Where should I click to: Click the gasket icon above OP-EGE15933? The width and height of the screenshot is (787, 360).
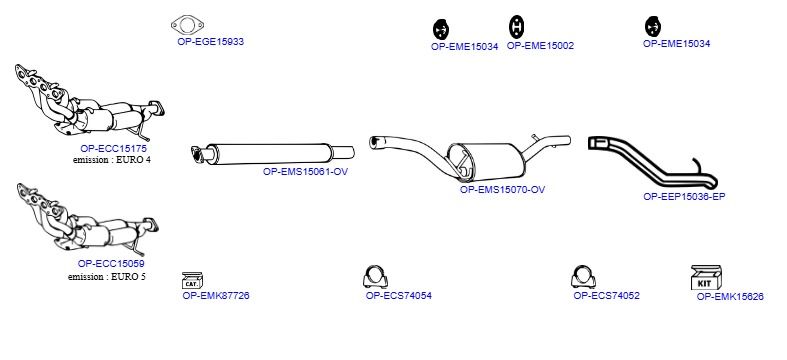coord(187,25)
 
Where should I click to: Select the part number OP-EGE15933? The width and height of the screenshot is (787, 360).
coord(210,42)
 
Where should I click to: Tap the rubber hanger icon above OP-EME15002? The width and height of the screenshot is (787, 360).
coord(516,27)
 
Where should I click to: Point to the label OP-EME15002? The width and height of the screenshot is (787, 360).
coord(540,46)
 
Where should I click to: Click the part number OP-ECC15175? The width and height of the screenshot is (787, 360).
coord(113,149)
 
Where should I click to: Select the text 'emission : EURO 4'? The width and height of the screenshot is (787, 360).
coord(111,160)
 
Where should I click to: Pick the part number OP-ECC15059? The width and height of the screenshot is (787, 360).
coord(111,264)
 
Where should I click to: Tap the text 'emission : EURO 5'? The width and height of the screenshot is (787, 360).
coord(107,277)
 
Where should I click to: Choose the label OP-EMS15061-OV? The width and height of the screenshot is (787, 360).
coord(305,172)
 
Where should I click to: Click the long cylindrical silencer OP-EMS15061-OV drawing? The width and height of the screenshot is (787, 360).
coord(273,153)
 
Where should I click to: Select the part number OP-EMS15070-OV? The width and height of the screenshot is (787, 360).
coord(502,190)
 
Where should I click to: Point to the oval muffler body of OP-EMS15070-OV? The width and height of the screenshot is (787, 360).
coord(486,162)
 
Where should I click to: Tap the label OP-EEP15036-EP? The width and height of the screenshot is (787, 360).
coord(684,197)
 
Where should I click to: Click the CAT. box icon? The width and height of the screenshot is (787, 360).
coord(192,280)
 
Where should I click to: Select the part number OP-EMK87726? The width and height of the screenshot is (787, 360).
coord(216,296)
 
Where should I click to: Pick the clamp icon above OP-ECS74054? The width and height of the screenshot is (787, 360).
coord(375,276)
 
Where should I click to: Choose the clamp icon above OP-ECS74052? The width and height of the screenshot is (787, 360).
coord(583,276)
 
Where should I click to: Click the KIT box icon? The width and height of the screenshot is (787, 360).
coord(706,278)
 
